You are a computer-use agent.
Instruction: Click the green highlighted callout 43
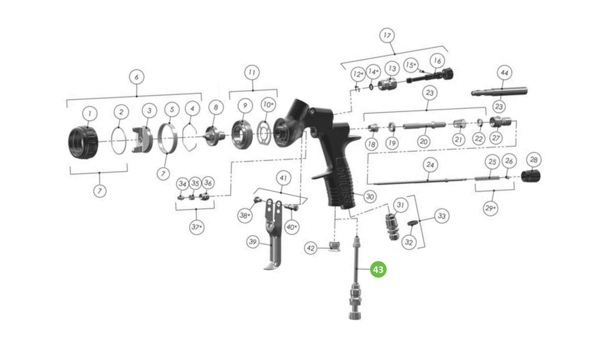pos(378,270)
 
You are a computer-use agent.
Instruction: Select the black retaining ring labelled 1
pos(84,143)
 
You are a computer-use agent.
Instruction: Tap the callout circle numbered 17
pos(387,36)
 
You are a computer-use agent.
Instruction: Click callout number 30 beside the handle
pos(370,196)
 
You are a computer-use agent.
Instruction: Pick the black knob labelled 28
pos(531,176)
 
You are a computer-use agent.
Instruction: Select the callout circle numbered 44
pos(505,73)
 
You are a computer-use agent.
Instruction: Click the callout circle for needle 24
pos(430,165)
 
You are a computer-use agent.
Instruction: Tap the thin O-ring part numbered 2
pos(119,140)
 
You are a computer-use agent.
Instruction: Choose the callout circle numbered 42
pos(311,248)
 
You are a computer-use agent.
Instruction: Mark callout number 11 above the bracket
pos(252,72)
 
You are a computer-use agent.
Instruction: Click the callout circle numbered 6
pos(136,77)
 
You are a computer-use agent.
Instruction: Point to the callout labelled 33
pos(441,216)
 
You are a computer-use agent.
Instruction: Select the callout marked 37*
pos(197,227)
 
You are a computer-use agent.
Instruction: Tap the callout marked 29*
pos(490,208)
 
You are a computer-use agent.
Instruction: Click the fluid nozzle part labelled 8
pos(215,136)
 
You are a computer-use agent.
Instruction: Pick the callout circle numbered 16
pos(437,61)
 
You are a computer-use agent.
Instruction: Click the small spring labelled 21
pos(460,124)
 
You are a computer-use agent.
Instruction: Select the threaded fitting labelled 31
pos(392,227)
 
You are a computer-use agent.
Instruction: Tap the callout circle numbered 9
pos(245,105)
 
